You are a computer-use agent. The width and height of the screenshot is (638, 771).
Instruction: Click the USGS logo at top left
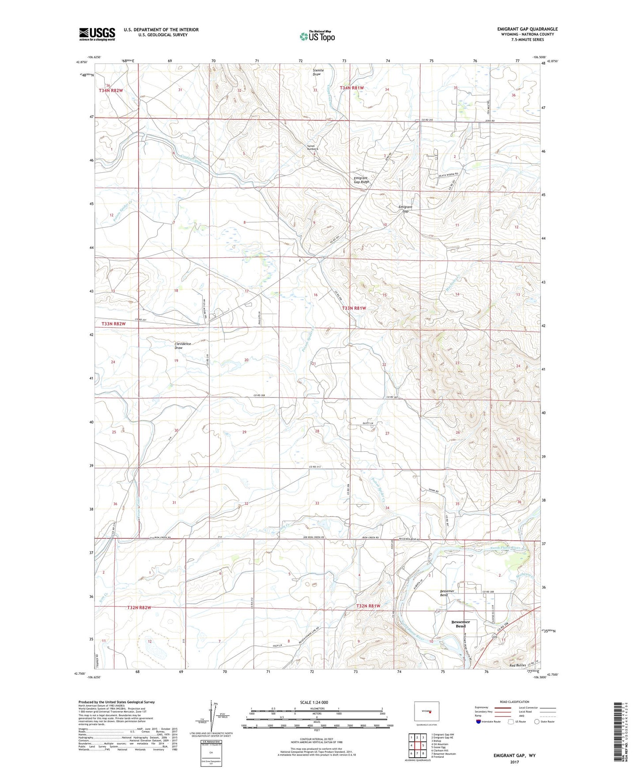[97, 34]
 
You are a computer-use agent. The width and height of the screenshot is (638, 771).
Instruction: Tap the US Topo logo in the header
[317, 36]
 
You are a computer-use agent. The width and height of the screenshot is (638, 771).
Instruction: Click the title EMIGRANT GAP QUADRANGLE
[527, 29]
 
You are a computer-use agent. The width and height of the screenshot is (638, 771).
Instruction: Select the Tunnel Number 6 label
[313, 148]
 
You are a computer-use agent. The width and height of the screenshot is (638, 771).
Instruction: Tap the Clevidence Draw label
[182, 346]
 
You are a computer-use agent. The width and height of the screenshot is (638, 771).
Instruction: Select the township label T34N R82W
[110, 91]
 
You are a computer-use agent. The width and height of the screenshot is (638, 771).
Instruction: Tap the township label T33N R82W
[113, 324]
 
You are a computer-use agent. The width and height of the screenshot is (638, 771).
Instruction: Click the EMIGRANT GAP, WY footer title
[514, 756]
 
